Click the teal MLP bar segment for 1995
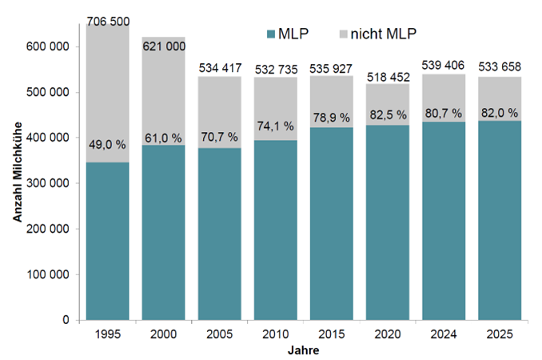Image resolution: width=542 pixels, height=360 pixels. coord(108,240)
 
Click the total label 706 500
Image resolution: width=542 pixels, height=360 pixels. coord(108,20)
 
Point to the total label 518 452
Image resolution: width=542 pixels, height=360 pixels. coord(388,78)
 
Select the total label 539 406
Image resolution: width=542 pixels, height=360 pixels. coord(444,65)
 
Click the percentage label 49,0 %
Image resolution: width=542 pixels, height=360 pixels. coord(108,145)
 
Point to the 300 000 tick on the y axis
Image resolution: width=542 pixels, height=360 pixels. coord(54,183)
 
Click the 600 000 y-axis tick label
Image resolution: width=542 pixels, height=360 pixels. coord(54,46)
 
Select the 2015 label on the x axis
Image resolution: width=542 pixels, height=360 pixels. coord(332,334)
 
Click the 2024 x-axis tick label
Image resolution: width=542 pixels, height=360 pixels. coord(444,334)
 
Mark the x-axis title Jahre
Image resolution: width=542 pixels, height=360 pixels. coord(304,350)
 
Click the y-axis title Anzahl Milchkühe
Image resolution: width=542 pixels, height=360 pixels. coord(18,183)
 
